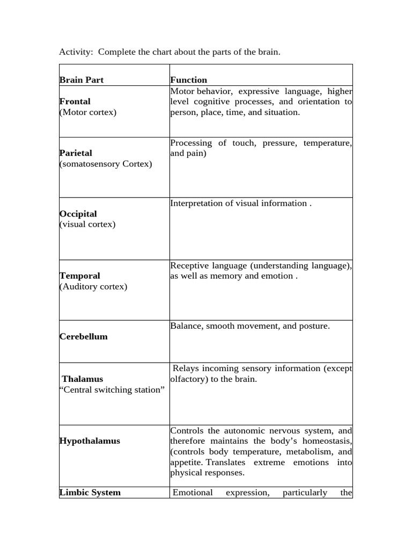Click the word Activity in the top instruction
(x=76, y=52)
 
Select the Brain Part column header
(x=82, y=80)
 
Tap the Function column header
(x=188, y=80)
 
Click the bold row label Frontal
(x=75, y=102)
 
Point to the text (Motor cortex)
(x=88, y=112)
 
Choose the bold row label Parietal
(x=76, y=153)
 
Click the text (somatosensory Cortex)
(x=106, y=164)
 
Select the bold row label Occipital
(x=78, y=214)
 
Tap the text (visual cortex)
(x=87, y=224)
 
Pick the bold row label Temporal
(x=80, y=276)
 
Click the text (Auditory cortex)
(x=93, y=286)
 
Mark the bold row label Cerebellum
(x=84, y=337)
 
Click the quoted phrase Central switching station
(x=112, y=389)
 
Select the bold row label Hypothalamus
(x=90, y=441)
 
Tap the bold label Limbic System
(x=90, y=493)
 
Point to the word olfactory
(x=187, y=379)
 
